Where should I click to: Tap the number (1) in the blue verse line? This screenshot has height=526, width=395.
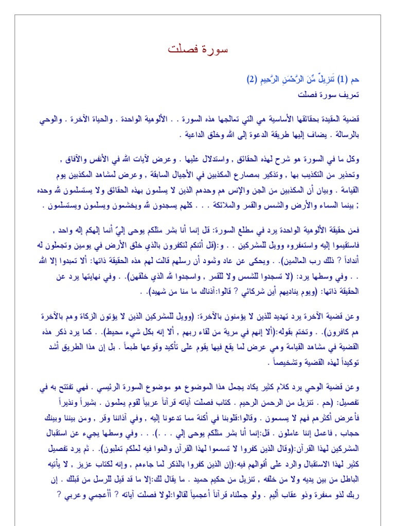click(343, 80)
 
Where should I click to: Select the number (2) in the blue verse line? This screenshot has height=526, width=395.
click(251, 80)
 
